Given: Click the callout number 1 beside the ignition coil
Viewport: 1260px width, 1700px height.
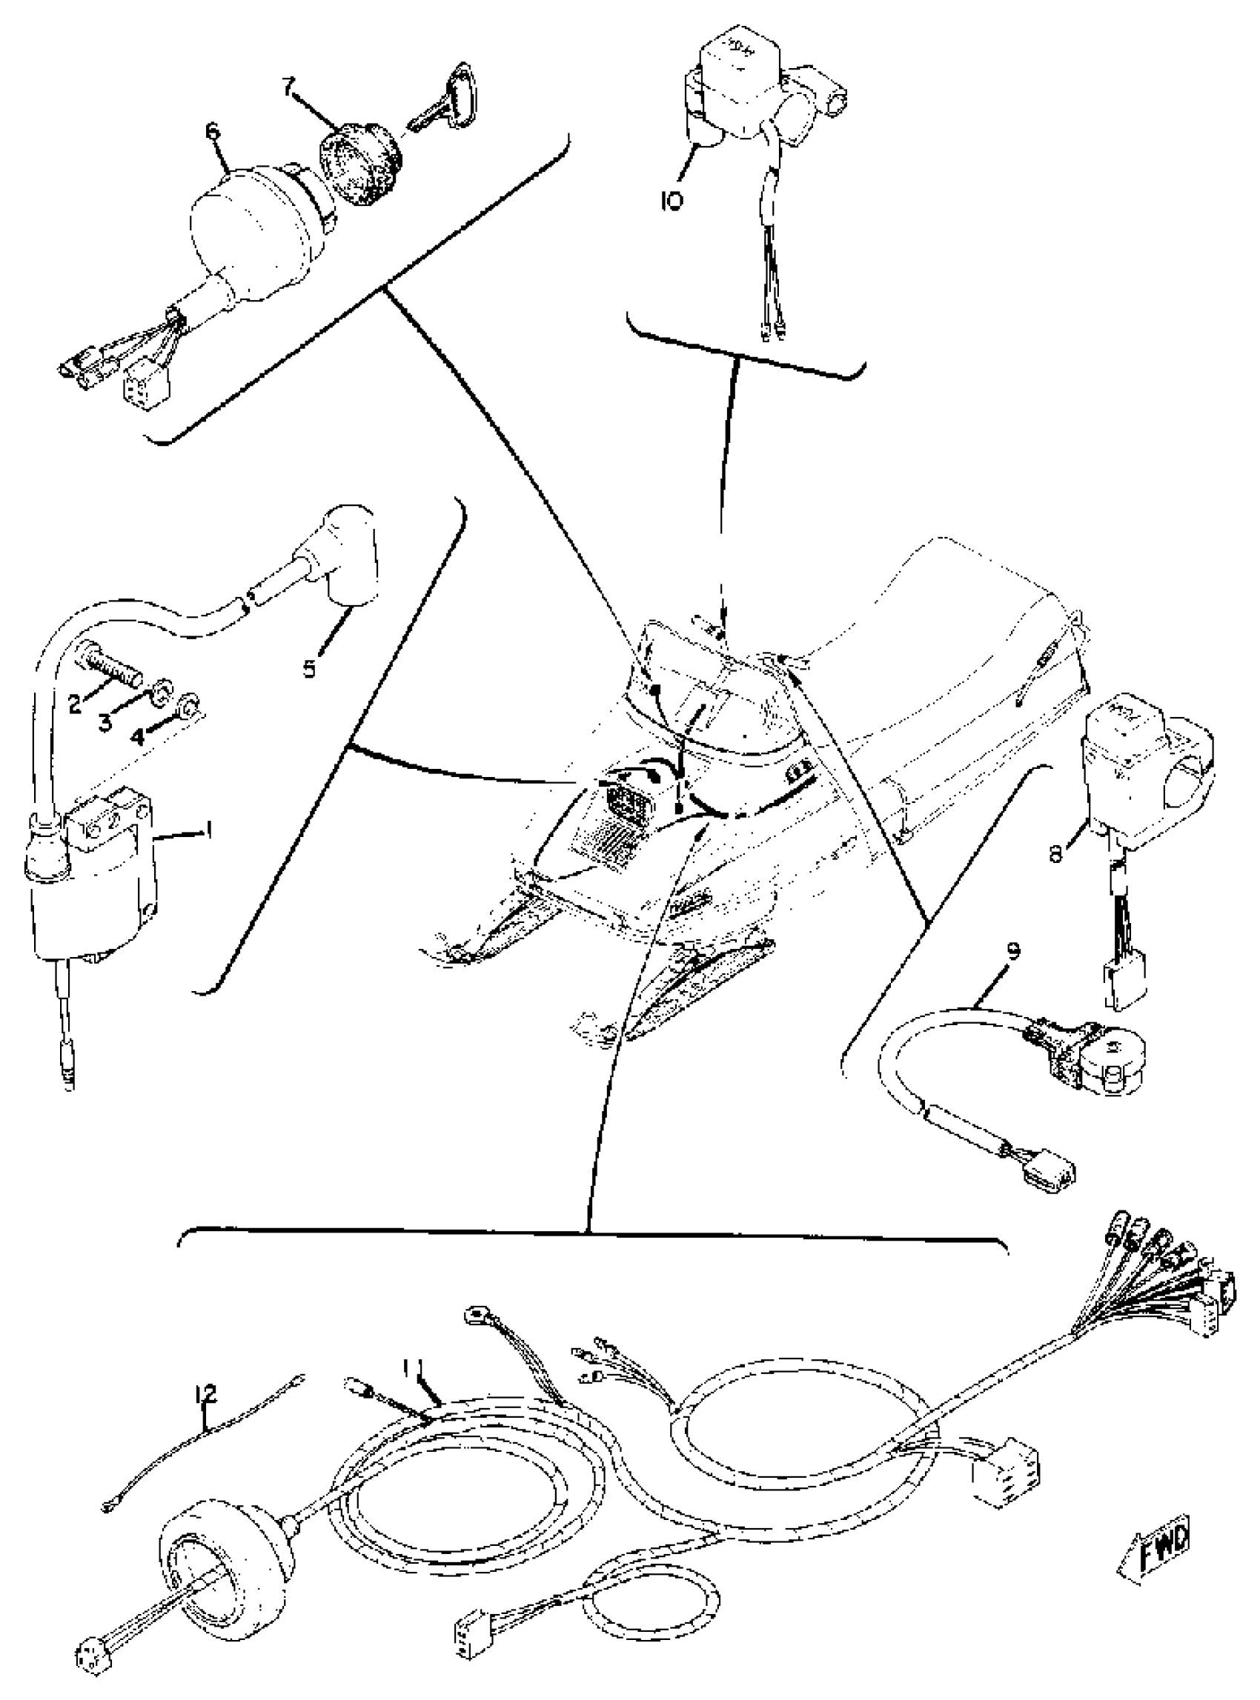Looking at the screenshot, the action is (206, 828).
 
